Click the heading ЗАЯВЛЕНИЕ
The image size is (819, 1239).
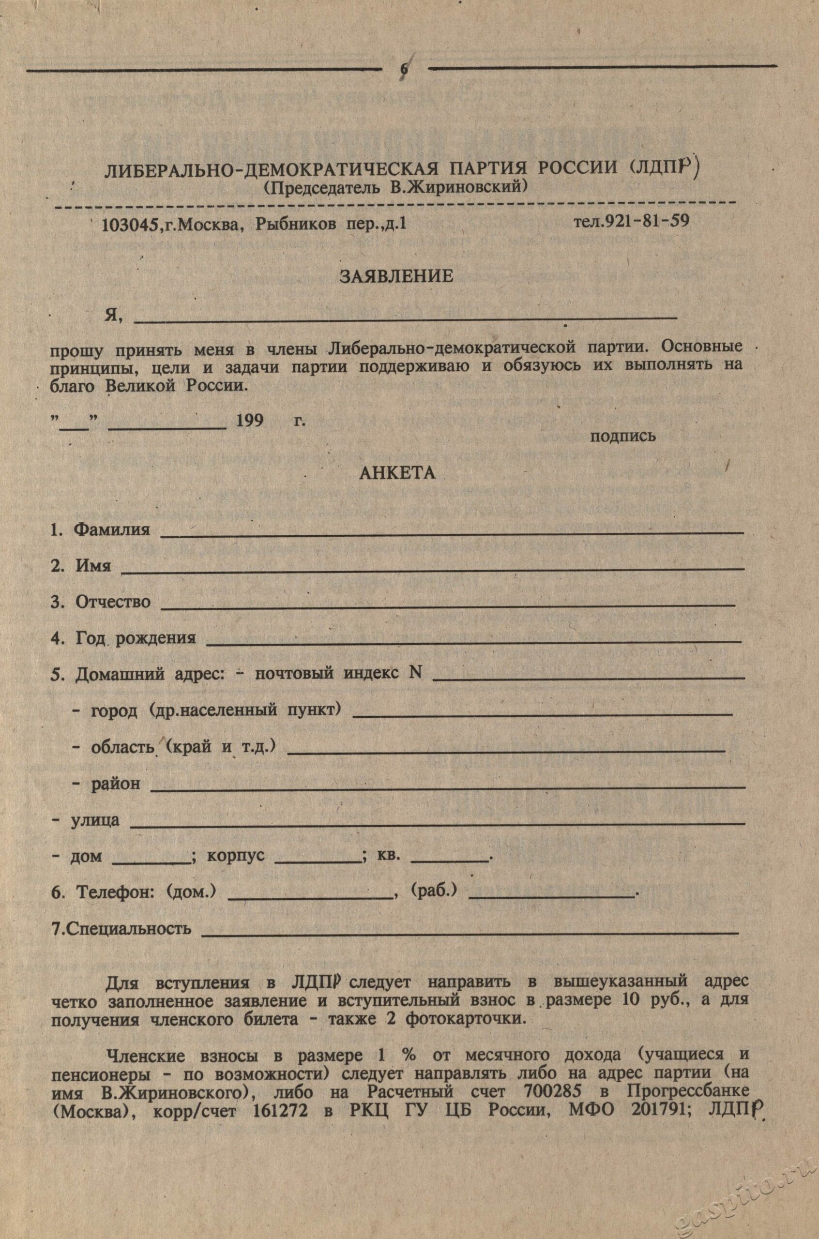pyautogui.click(x=396, y=276)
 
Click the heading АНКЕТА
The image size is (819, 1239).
pyautogui.click(x=397, y=473)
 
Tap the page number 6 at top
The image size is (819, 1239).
pyautogui.click(x=403, y=69)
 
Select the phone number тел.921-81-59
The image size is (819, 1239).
pyautogui.click(x=632, y=221)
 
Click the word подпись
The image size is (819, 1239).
pyautogui.click(x=622, y=436)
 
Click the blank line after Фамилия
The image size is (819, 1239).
pyautogui.click(x=452, y=533)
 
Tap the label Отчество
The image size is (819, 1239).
pyautogui.click(x=113, y=602)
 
